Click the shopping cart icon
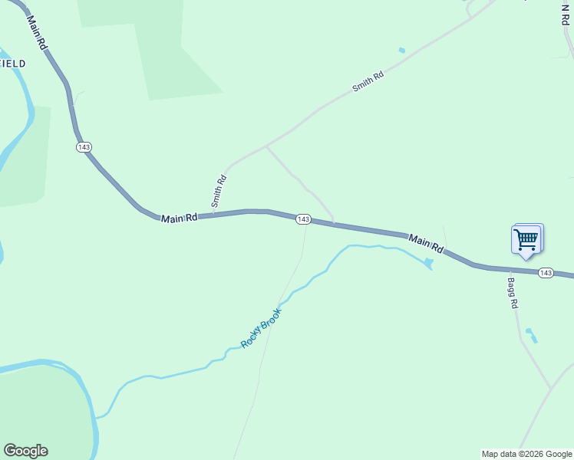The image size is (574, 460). click(526, 239)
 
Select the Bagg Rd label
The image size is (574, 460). click(512, 293)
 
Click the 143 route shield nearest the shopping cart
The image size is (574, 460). click(546, 273)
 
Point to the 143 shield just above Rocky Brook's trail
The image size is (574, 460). click(303, 219)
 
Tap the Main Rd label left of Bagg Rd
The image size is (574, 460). click(426, 244)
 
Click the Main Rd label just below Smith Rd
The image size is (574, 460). click(180, 219)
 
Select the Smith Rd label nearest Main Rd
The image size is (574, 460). click(219, 191)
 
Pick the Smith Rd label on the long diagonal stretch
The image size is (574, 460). click(368, 78)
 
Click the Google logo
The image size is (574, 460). click(25, 451)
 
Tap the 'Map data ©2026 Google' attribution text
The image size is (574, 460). click(526, 454)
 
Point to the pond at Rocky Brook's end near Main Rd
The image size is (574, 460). click(428, 264)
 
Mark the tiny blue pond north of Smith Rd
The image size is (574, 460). click(401, 51)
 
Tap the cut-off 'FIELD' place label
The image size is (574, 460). click(13, 64)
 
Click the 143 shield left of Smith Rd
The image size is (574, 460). click(84, 146)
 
